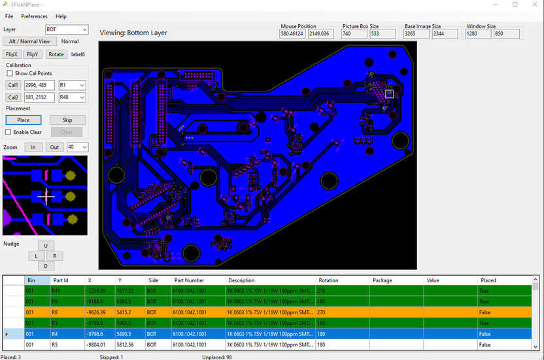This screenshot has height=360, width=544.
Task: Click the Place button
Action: tap(23, 120)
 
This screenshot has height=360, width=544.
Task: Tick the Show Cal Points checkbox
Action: tap(9, 74)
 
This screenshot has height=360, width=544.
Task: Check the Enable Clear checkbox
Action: tap(9, 132)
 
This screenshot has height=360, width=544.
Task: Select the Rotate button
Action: tap(56, 54)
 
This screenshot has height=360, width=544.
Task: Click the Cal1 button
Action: tap(13, 86)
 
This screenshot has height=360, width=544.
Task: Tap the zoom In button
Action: tap(33, 148)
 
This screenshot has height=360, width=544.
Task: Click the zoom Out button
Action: tap(54, 148)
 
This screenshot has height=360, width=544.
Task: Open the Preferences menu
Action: tap(34, 16)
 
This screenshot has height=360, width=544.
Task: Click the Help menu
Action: tap(61, 16)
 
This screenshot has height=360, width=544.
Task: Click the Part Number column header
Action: tap(189, 280)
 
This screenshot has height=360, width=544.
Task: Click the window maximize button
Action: tap(515, 5)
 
